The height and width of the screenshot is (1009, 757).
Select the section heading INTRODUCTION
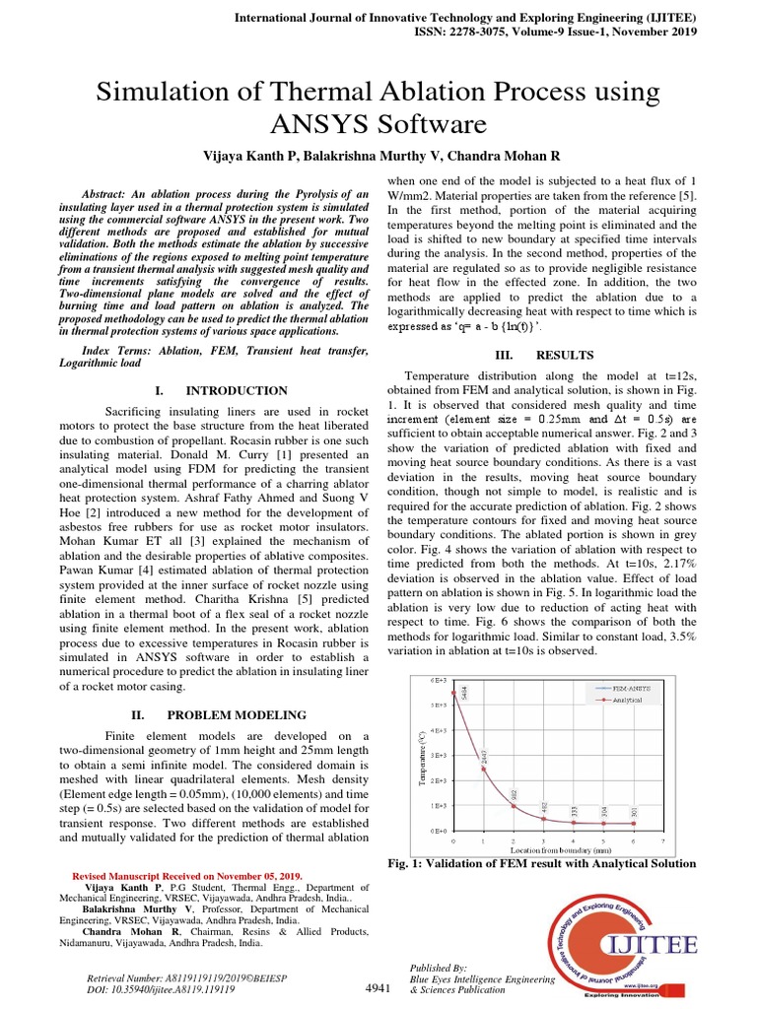click(x=238, y=391)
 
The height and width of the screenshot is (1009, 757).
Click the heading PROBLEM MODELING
click(x=236, y=714)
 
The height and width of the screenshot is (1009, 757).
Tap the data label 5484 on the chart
click(x=464, y=693)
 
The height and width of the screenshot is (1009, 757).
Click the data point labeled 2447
click(x=483, y=769)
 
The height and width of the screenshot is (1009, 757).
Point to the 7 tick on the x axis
click(x=663, y=841)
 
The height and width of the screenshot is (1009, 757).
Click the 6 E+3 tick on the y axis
click(x=439, y=680)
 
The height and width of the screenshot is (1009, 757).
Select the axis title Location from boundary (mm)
click(x=557, y=849)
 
